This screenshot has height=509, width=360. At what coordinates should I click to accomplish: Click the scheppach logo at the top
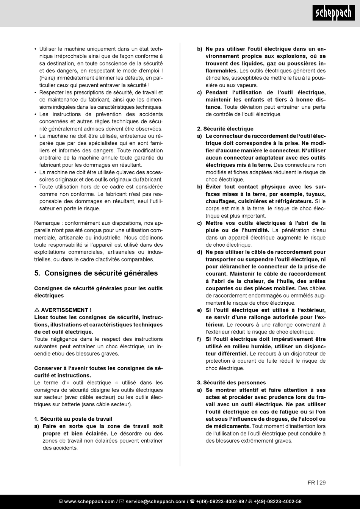coord(333,14)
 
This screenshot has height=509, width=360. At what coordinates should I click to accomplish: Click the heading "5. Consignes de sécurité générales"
coord(96,273)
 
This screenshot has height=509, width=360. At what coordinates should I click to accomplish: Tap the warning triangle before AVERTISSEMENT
coord(37,310)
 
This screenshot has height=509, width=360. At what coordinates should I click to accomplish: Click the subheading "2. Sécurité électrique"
coord(225,129)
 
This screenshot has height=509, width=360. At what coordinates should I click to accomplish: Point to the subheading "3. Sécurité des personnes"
coord(231,383)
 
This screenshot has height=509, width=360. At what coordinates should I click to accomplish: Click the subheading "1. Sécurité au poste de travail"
coord(73,419)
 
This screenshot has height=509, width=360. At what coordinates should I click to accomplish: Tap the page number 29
coord(322,482)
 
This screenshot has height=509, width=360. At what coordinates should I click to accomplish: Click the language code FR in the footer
coord(311,482)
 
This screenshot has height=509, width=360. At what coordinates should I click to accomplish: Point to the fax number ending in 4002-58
coord(277,502)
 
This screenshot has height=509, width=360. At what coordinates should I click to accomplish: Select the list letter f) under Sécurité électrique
coord(199,339)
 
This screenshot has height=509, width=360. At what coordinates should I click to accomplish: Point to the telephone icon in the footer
coord(192,502)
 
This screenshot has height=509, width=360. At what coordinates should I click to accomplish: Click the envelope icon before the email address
coord(122,502)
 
